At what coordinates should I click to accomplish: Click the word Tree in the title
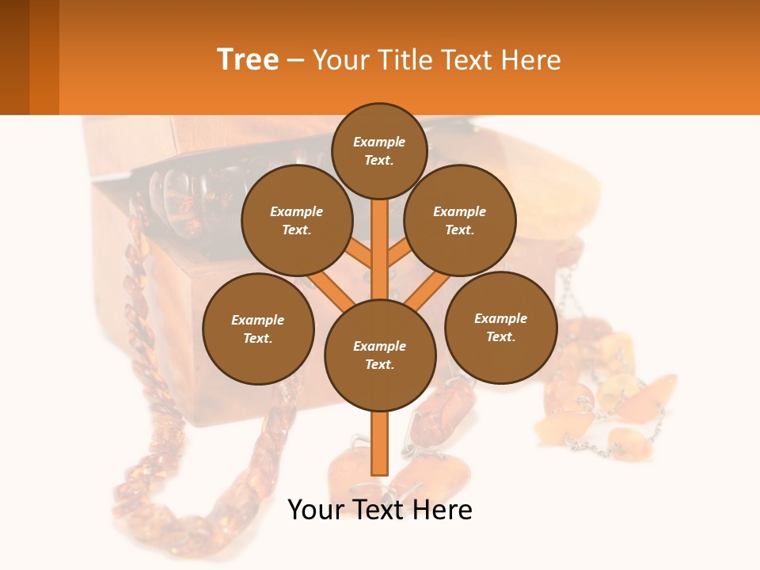[248, 59]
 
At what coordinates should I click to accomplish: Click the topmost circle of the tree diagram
[379, 150]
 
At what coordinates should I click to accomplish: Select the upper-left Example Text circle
[297, 220]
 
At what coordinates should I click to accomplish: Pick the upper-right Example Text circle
[460, 220]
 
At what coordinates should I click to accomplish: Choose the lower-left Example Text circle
[258, 329]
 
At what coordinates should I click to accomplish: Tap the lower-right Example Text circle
[500, 327]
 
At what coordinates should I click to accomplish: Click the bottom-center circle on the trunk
[380, 355]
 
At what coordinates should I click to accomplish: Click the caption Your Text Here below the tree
[380, 510]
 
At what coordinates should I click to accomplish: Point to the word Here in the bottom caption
[444, 510]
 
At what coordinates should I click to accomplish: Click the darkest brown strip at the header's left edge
[14, 57]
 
